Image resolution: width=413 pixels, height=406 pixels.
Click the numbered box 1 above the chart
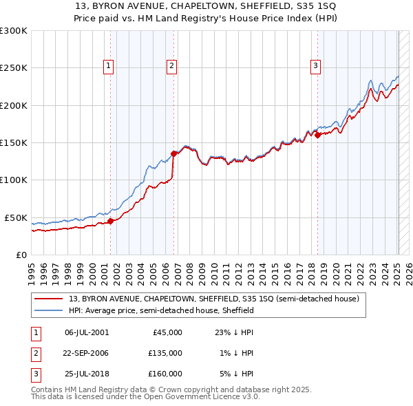109,66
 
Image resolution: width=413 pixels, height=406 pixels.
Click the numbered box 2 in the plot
171,66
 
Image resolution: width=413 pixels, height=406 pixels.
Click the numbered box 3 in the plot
315,66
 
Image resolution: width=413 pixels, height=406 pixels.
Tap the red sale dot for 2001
110,221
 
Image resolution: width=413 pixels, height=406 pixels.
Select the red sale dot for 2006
173,154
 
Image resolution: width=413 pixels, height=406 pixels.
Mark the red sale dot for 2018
317,136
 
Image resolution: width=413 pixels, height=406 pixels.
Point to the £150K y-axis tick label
14,142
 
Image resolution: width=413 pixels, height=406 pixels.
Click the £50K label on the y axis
16,217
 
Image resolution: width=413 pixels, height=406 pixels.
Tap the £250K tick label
14,68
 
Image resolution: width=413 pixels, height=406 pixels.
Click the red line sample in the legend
50,299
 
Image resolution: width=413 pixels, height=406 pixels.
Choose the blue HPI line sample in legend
50,310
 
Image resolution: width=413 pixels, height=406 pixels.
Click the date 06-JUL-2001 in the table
86,332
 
